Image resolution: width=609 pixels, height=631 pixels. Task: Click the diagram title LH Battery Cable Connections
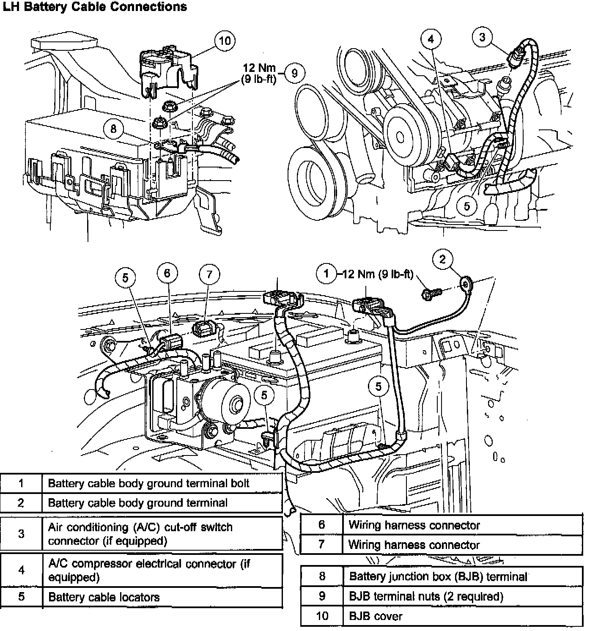click(x=95, y=7)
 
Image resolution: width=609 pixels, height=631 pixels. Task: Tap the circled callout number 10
click(x=225, y=41)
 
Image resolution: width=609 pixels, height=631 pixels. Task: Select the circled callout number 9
click(x=294, y=73)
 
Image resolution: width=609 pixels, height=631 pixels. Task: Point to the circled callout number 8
click(x=113, y=128)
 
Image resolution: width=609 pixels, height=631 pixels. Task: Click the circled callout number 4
click(x=431, y=39)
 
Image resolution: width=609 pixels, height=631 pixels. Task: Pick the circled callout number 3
click(x=483, y=37)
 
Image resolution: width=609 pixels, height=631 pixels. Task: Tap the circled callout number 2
click(x=442, y=259)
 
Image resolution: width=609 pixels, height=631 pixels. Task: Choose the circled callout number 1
click(x=326, y=274)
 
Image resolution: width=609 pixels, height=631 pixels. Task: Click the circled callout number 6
click(x=167, y=273)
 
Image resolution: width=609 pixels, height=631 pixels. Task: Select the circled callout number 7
click(x=209, y=275)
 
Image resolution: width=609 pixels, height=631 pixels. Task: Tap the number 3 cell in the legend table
click(x=21, y=533)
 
